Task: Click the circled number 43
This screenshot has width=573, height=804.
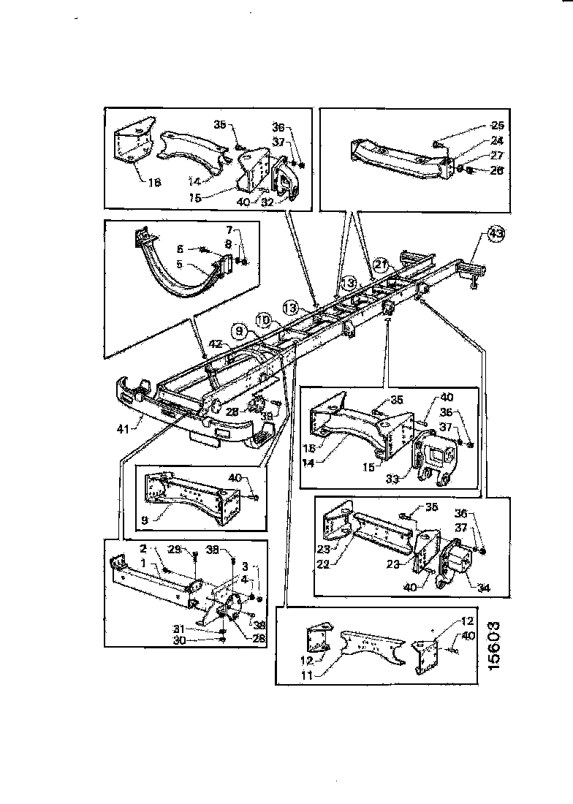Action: [496, 234]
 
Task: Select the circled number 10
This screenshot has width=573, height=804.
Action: [264, 319]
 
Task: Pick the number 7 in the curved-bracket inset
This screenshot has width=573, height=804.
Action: [227, 229]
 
